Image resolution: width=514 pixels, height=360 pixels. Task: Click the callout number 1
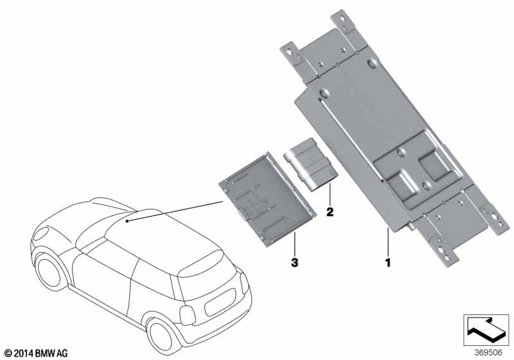(x=388, y=262)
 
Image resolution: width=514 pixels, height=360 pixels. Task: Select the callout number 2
(x=330, y=212)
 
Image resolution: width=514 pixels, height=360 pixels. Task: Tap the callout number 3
(x=295, y=262)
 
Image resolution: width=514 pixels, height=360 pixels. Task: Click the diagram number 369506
(x=488, y=353)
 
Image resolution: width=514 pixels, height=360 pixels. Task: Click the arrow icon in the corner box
(x=486, y=330)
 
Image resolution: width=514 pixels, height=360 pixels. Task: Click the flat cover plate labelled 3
(x=267, y=199)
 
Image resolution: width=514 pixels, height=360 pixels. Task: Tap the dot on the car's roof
(x=127, y=221)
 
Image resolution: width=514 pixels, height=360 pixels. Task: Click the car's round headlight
(x=41, y=234)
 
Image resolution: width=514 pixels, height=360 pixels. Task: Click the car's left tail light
(x=188, y=316)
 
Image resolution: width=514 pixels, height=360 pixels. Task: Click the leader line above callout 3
(x=295, y=244)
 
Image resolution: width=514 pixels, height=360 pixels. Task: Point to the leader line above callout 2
(x=330, y=194)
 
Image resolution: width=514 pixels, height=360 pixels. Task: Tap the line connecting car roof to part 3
(x=175, y=212)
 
